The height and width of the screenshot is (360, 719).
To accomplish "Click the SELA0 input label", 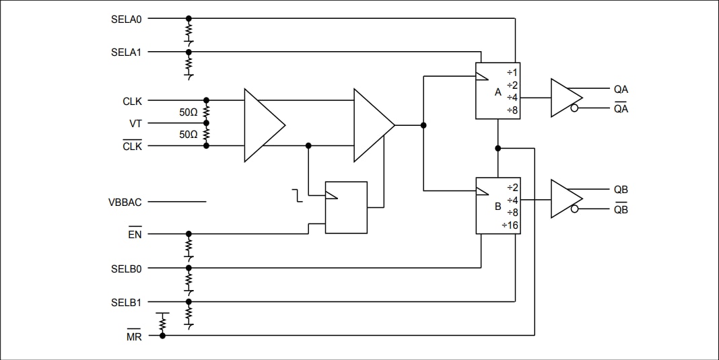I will coord(126,19).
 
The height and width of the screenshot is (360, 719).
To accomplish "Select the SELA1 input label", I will coord(126,52).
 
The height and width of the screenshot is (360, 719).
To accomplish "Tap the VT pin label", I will coord(135,124).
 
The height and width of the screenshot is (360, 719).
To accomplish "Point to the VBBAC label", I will coord(125,202).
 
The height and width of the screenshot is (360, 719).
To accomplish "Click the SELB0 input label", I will coord(126,268).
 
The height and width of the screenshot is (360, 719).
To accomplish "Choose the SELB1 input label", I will coord(126,302).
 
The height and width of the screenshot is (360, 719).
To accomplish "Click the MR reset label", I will coord(134,336).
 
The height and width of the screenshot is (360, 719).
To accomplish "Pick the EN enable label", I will coord(135,235).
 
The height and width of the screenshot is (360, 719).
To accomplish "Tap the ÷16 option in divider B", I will coord(510,225).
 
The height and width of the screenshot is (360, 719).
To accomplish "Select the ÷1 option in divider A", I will coord(512,72).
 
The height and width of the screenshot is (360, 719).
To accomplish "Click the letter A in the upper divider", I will coord(498,92).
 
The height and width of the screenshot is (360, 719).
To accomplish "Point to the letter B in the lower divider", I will coord(498,207).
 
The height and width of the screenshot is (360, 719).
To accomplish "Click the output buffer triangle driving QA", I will coord(564,98).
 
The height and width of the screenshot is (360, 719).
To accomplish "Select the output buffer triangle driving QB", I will coord(564,199).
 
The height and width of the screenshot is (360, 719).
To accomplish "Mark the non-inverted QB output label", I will coord(621,190).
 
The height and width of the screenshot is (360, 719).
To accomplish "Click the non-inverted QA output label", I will coord(621,89).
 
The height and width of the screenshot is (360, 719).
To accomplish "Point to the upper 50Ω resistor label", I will coord(189,113).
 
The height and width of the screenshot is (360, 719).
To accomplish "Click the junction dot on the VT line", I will coord(206,123).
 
